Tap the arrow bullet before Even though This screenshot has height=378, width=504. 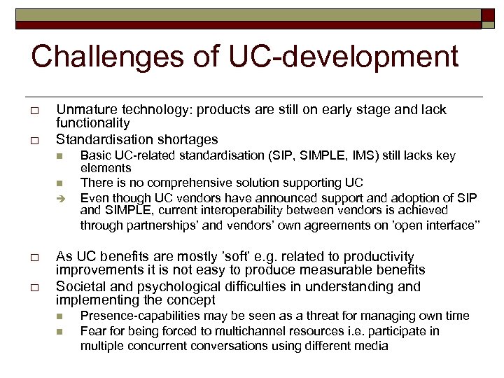coord(62,197)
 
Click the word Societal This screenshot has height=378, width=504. coord(82,286)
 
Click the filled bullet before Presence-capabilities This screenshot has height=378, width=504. coord(62,317)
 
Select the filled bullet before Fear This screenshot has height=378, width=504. coord(62,332)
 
